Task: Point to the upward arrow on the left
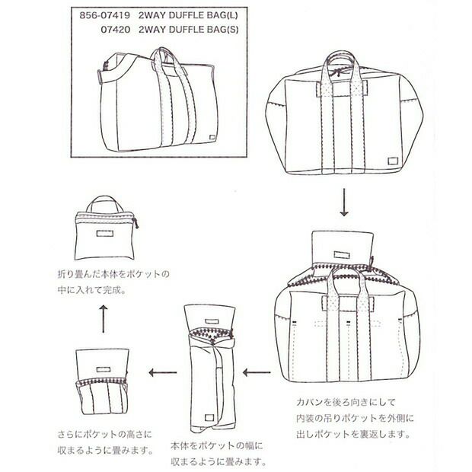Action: (104, 317)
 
